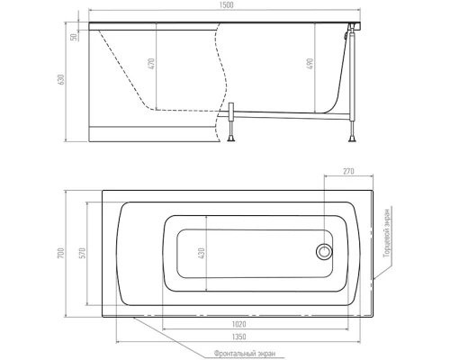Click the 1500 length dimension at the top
tap(226, 5)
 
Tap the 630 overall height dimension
tap(61, 79)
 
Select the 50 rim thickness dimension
tap(73, 37)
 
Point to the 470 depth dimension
tap(152, 64)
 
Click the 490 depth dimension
tap(310, 64)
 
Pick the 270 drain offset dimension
tap(348, 171)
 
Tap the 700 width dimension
tap(61, 254)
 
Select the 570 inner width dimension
tap(83, 253)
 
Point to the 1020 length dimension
tap(238, 324)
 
